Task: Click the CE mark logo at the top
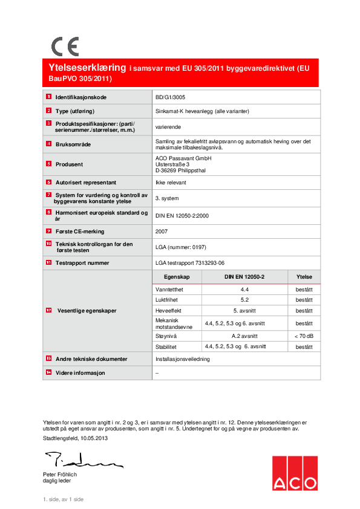tap(65, 46)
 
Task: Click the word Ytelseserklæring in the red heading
tap(86, 68)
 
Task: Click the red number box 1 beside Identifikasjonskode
tap(48, 97)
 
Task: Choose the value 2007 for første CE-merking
tap(162, 230)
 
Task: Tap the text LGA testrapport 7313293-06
tap(189, 263)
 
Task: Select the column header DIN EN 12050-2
tap(244, 276)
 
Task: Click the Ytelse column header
tap(304, 276)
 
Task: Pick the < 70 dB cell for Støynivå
tap(304, 336)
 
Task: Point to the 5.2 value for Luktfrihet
tap(244, 300)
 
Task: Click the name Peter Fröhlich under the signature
tap(60, 475)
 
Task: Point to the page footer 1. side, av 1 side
tap(63, 499)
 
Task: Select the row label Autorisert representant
tap(85, 182)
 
